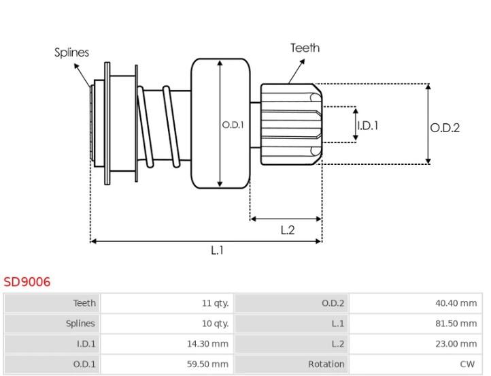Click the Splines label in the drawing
pyautogui.click(x=71, y=52)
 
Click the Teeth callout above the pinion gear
pyautogui.click(x=305, y=48)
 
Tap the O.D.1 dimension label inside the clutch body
pyautogui.click(x=233, y=125)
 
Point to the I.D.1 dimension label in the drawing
pyautogui.click(x=368, y=126)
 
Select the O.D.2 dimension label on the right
pyautogui.click(x=445, y=128)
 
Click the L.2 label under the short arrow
pyautogui.click(x=288, y=230)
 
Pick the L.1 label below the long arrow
pyautogui.click(x=217, y=250)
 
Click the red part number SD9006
pyautogui.click(x=27, y=282)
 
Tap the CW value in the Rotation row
pyautogui.click(x=467, y=364)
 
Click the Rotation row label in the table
pyautogui.click(x=326, y=364)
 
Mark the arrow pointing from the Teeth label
pyautogui.click(x=297, y=72)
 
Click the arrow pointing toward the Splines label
pyautogui.click(x=82, y=76)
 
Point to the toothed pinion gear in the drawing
pyautogui.click(x=292, y=125)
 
